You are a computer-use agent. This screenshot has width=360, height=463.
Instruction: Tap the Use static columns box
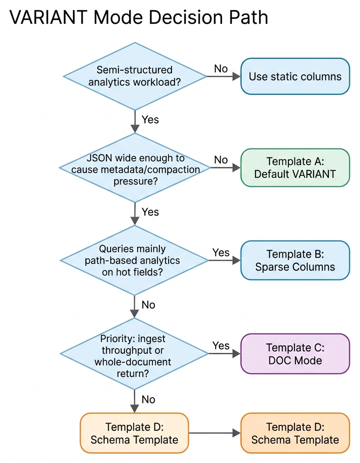(295, 76)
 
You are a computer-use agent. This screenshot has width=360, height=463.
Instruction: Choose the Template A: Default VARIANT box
(295, 168)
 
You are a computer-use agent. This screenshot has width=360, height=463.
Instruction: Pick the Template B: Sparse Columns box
(295, 260)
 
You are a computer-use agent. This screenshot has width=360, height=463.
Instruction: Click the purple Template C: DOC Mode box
(295, 353)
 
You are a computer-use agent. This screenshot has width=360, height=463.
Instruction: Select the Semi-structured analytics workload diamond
(135, 76)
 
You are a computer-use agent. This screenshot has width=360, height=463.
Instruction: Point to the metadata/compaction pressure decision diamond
(135, 168)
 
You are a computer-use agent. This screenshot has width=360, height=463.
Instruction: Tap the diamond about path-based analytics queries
(135, 260)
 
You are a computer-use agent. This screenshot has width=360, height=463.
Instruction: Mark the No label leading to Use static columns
(221, 68)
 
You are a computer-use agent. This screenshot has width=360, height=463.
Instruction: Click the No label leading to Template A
(221, 160)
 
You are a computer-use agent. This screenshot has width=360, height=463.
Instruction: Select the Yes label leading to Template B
(221, 252)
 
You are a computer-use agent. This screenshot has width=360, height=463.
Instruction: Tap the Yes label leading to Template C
(221, 345)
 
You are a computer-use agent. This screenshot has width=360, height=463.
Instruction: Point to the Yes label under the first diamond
(150, 119)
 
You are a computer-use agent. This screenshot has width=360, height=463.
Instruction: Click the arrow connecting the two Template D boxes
(214, 433)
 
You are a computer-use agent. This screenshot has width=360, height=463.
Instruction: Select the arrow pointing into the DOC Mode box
(224, 354)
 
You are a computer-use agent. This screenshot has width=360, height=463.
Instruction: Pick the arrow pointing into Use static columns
(224, 76)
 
